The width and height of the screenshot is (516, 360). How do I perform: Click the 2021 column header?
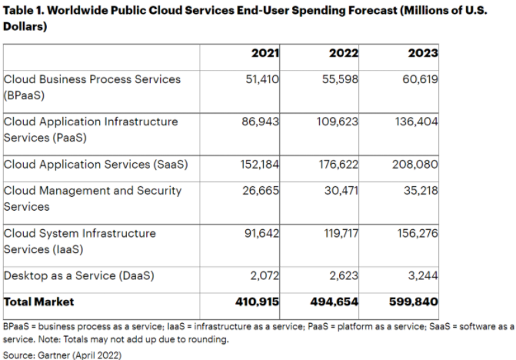[265, 53]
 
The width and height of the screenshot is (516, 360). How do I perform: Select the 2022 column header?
[344, 53]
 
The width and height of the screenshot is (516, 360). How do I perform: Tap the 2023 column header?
[423, 53]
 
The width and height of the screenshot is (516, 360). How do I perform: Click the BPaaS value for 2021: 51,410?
[262, 78]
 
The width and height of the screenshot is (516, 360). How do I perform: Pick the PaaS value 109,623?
[338, 122]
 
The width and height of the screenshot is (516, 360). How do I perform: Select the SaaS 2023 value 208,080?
[418, 164]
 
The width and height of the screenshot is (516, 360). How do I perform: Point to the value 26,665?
[262, 190]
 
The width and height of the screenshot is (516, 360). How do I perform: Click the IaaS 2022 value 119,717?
[340, 233]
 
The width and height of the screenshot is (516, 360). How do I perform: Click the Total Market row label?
[39, 302]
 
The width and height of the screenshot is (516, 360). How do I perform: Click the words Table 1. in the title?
[24, 11]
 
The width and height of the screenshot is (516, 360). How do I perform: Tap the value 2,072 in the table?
[265, 275]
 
